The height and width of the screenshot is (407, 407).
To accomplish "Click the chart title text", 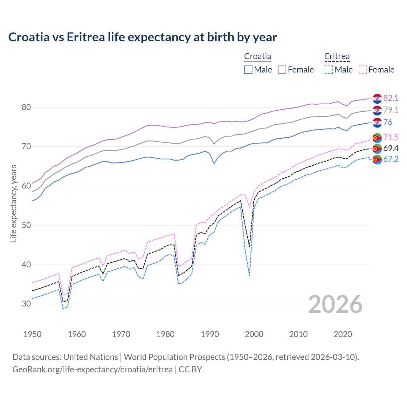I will click(142, 37).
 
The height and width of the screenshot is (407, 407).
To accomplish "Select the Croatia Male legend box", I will click(248, 70).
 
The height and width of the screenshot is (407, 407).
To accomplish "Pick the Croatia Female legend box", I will click(282, 70).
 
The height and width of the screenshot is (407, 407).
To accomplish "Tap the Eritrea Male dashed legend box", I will click(329, 70).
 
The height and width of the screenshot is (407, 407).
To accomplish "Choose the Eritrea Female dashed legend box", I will click(362, 70).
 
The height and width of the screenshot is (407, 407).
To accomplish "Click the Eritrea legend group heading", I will click(337, 57).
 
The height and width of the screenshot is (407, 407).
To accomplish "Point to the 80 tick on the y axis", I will click(26, 107).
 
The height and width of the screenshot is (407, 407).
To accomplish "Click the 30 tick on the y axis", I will click(26, 304).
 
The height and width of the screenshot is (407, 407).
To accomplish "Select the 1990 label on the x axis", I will click(210, 334).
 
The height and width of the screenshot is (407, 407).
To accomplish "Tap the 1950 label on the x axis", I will click(32, 334).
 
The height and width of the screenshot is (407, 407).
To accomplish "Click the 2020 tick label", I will click(343, 334).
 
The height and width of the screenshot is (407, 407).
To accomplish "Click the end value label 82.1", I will click(391, 98).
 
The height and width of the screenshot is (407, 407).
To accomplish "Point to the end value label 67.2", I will click(391, 159).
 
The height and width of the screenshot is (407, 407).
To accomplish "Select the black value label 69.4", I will click(391, 148).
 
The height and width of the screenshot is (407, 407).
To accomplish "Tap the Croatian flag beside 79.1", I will click(377, 110).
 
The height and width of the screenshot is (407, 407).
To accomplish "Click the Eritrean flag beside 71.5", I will click(377, 138).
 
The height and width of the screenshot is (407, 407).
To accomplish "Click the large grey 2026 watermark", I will click(335, 305).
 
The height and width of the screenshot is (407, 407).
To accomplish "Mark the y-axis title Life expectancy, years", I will click(14, 203).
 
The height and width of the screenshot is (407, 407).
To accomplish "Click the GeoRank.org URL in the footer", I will click(93, 369).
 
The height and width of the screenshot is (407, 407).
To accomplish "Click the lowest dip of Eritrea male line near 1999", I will click(250, 275).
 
